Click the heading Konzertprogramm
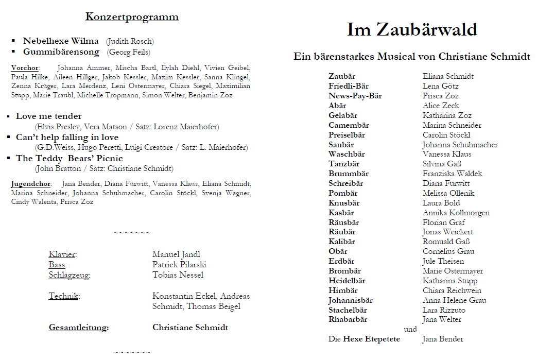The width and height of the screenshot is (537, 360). click(132, 17)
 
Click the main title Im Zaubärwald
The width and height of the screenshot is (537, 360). click(412, 30)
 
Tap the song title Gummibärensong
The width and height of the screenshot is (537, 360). click(61, 52)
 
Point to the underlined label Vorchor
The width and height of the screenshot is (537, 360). click(25, 67)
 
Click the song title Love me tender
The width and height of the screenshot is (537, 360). click(48, 116)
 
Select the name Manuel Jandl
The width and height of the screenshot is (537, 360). click(176, 254)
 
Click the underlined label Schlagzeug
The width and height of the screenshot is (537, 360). click(69, 275)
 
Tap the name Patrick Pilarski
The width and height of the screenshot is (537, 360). click(179, 265)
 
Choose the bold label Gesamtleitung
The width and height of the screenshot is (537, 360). click(78, 328)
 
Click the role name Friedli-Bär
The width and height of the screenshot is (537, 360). click(349, 86)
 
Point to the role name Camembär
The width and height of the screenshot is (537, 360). click(349, 125)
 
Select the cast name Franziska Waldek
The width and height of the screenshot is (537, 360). click(453, 174)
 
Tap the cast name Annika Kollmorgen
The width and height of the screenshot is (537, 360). click(456, 213)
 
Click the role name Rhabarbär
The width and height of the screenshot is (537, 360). click(348, 319)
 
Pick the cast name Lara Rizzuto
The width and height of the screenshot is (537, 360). click(444, 310)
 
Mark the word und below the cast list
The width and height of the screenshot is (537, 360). click(411, 330)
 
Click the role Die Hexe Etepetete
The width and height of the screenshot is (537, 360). click(364, 339)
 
